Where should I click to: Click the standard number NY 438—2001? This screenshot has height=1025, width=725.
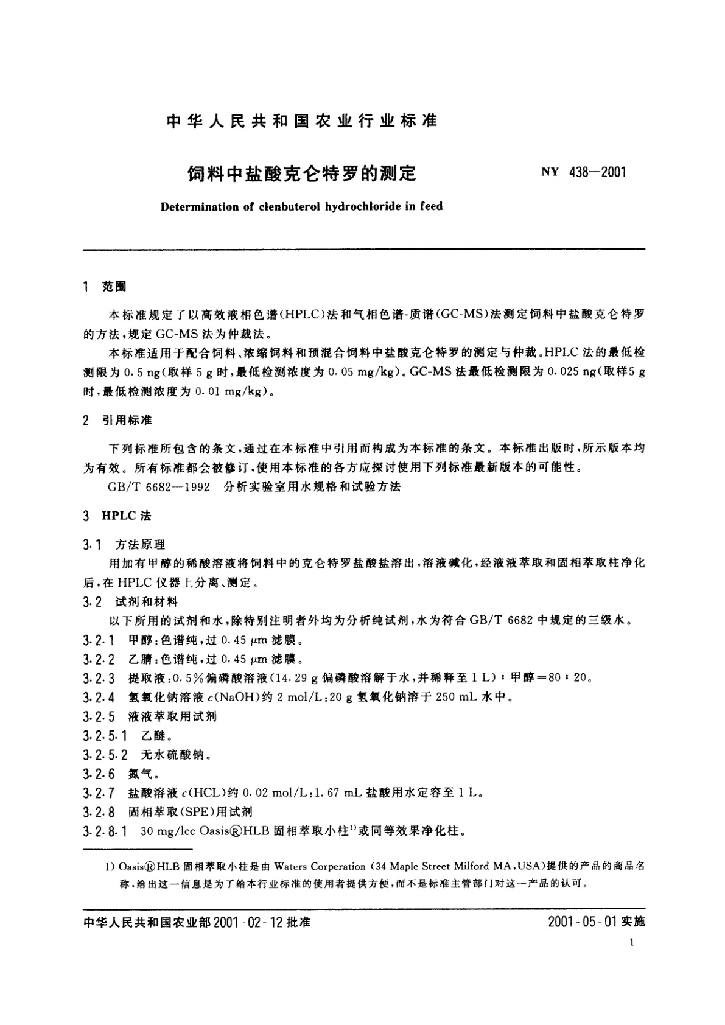coord(583,172)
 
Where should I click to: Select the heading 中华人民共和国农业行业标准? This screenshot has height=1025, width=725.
coord(301,121)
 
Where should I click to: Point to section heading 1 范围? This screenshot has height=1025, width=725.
coord(105,287)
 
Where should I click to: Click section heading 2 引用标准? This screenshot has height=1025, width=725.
coord(117,421)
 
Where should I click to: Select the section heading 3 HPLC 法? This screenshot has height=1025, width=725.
coord(117,516)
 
